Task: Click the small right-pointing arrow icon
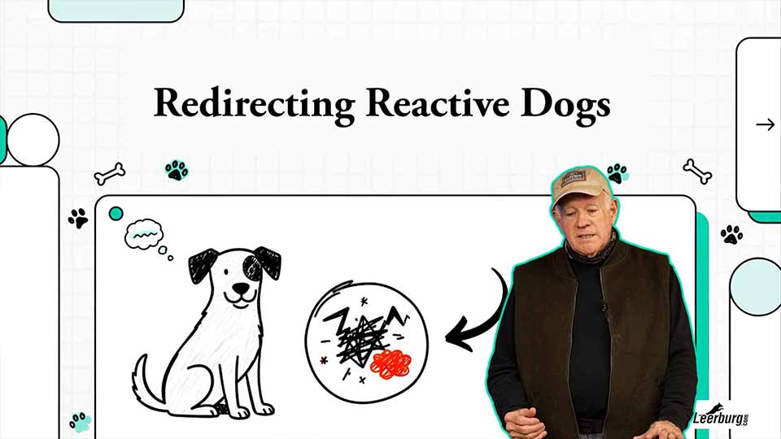[765, 124]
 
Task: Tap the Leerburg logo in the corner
[721, 418]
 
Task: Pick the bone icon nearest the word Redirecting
[110, 172]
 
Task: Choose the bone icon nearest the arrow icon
[697, 171]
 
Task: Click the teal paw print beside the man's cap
[618, 173]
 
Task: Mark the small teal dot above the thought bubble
[116, 213]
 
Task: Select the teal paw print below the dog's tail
[80, 422]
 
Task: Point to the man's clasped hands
[529, 424]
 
